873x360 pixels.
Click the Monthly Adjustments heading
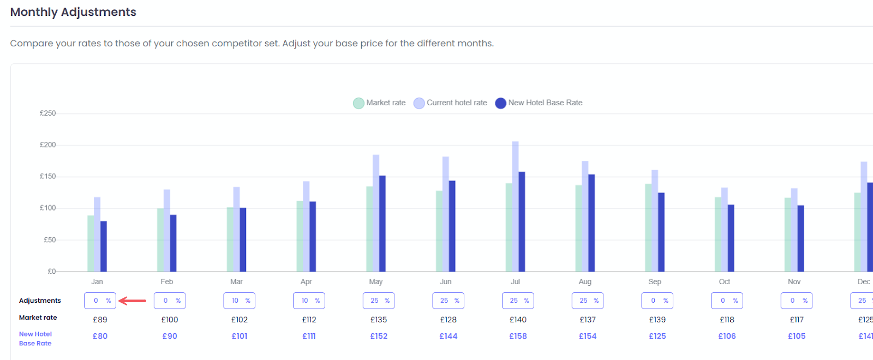coord(73,12)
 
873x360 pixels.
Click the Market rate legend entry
coord(380,103)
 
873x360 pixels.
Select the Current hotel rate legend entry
coord(451,103)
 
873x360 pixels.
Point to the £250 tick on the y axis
coord(48,113)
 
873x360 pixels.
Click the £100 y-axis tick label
coord(48,208)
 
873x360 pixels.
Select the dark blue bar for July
coord(522,221)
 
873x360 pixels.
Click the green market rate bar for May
coord(369,229)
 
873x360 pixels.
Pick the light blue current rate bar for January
coord(97,235)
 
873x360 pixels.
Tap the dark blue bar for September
coord(661,232)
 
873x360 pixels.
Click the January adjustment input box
coord(100,301)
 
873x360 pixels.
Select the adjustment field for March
coord(240,301)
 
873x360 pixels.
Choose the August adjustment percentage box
coord(588,301)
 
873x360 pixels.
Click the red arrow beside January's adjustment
coord(133,301)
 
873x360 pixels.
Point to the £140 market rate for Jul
coord(518,320)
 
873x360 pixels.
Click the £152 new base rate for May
coord(379,336)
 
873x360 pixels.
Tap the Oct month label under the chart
coord(725,281)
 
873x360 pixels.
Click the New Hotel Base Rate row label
coord(35,338)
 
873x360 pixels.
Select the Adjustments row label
coord(40,301)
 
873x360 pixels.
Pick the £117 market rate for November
coord(797,320)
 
